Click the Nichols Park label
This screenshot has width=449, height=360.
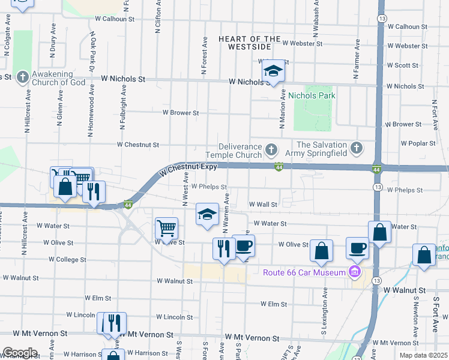312,95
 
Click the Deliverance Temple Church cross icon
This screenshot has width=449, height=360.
271,148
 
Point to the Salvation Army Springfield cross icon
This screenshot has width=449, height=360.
357,148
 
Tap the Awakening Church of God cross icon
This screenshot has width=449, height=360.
23,77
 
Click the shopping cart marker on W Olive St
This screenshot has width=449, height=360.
166,229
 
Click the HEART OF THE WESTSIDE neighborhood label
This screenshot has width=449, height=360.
249,43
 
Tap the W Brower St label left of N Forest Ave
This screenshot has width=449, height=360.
180,112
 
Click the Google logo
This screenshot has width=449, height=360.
20,353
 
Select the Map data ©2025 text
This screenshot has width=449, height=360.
423,355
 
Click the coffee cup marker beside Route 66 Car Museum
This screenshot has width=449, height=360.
357,248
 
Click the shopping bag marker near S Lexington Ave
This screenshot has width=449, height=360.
322,251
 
